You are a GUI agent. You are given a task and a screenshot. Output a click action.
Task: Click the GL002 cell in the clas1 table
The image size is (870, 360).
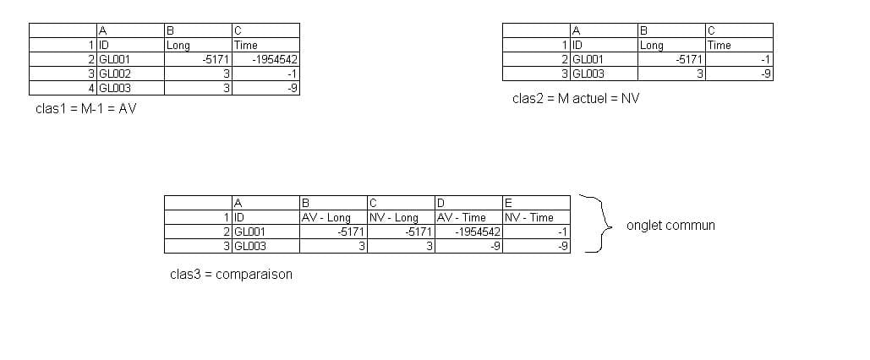(130, 74)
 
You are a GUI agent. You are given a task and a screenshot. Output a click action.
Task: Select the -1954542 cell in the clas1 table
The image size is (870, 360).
(266, 59)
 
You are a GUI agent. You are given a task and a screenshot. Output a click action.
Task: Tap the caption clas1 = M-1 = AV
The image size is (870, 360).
(86, 109)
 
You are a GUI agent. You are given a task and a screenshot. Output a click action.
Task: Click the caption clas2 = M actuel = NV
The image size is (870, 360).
(576, 98)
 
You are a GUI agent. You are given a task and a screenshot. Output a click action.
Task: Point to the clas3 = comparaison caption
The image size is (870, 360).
(231, 274)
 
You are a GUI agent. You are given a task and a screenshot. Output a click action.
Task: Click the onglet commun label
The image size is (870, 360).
(670, 225)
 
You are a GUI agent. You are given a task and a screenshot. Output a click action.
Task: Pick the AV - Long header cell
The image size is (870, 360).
(333, 217)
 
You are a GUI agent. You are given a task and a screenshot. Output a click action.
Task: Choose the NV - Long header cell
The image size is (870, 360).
(401, 217)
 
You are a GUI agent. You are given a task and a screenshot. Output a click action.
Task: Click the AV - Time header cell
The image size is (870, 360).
(468, 217)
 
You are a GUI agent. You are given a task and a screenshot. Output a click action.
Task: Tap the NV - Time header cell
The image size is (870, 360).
(536, 217)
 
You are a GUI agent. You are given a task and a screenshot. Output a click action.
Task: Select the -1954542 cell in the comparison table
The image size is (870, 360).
(468, 232)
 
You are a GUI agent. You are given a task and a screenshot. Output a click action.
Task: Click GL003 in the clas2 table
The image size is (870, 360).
(604, 74)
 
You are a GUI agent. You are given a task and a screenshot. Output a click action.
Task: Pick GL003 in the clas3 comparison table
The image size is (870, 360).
(265, 246)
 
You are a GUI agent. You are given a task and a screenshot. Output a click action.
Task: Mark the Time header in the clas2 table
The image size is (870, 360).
(739, 45)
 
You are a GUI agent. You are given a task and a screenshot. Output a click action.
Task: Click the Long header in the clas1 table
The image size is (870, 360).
(198, 45)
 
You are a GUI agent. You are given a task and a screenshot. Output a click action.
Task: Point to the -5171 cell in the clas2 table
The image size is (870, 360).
(671, 59)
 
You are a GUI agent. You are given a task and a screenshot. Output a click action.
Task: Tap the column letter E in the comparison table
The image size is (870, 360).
(536, 203)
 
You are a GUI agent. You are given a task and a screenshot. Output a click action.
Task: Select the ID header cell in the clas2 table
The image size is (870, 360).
(604, 45)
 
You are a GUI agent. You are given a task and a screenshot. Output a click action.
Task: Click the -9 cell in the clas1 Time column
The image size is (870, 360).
(266, 88)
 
